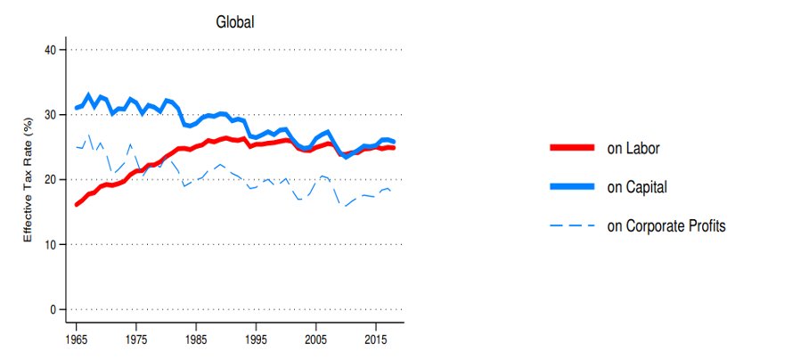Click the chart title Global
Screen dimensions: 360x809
pos(235,22)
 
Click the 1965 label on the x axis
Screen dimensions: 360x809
pos(77,340)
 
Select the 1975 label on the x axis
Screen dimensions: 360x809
pos(136,340)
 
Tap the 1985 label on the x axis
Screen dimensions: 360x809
pos(196,340)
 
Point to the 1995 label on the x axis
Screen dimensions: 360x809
pos(256,340)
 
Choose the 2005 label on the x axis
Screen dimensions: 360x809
pos(315,340)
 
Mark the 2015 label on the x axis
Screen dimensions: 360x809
pos(374,340)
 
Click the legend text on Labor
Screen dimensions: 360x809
pos(633,149)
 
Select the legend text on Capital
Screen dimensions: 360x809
pos(637,187)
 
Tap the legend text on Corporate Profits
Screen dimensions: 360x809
pos(666,226)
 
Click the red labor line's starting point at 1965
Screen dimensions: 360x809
pos(77,205)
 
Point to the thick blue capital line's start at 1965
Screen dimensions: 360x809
pos(77,108)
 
